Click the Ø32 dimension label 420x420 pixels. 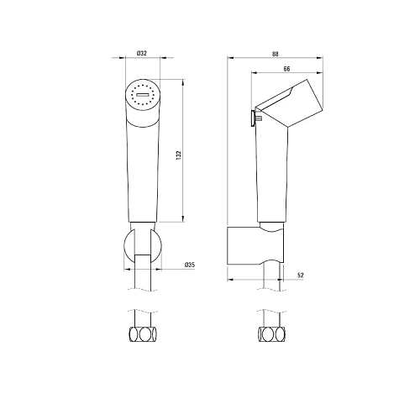point(142,53)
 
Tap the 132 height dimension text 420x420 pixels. point(179,155)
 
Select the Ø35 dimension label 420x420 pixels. point(190,265)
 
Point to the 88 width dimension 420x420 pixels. point(276,54)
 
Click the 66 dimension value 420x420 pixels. point(286,69)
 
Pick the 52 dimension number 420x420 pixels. point(301,276)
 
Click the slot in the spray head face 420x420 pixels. point(143,95)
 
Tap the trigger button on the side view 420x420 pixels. point(254,118)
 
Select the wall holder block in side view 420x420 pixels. point(255,245)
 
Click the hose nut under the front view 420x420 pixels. point(143,334)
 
